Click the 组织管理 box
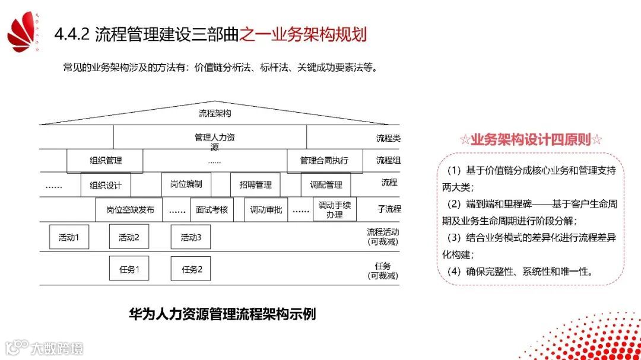click(x=105, y=160)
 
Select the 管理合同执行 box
click(x=324, y=160)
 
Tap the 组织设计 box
click(x=106, y=185)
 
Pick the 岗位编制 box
click(x=186, y=184)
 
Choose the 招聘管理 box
click(x=255, y=185)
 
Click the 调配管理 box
click(x=326, y=185)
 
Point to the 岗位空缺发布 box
click(x=130, y=209)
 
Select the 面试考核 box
click(x=212, y=209)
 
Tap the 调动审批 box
click(x=266, y=209)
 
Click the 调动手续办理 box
click(x=335, y=209)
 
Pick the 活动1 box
click(x=69, y=237)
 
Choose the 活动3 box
click(x=191, y=237)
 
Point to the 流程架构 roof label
click(x=215, y=113)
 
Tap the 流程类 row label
click(x=388, y=138)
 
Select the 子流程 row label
click(x=389, y=209)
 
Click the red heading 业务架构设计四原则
click(x=531, y=140)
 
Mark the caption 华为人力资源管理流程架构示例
click(x=222, y=314)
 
